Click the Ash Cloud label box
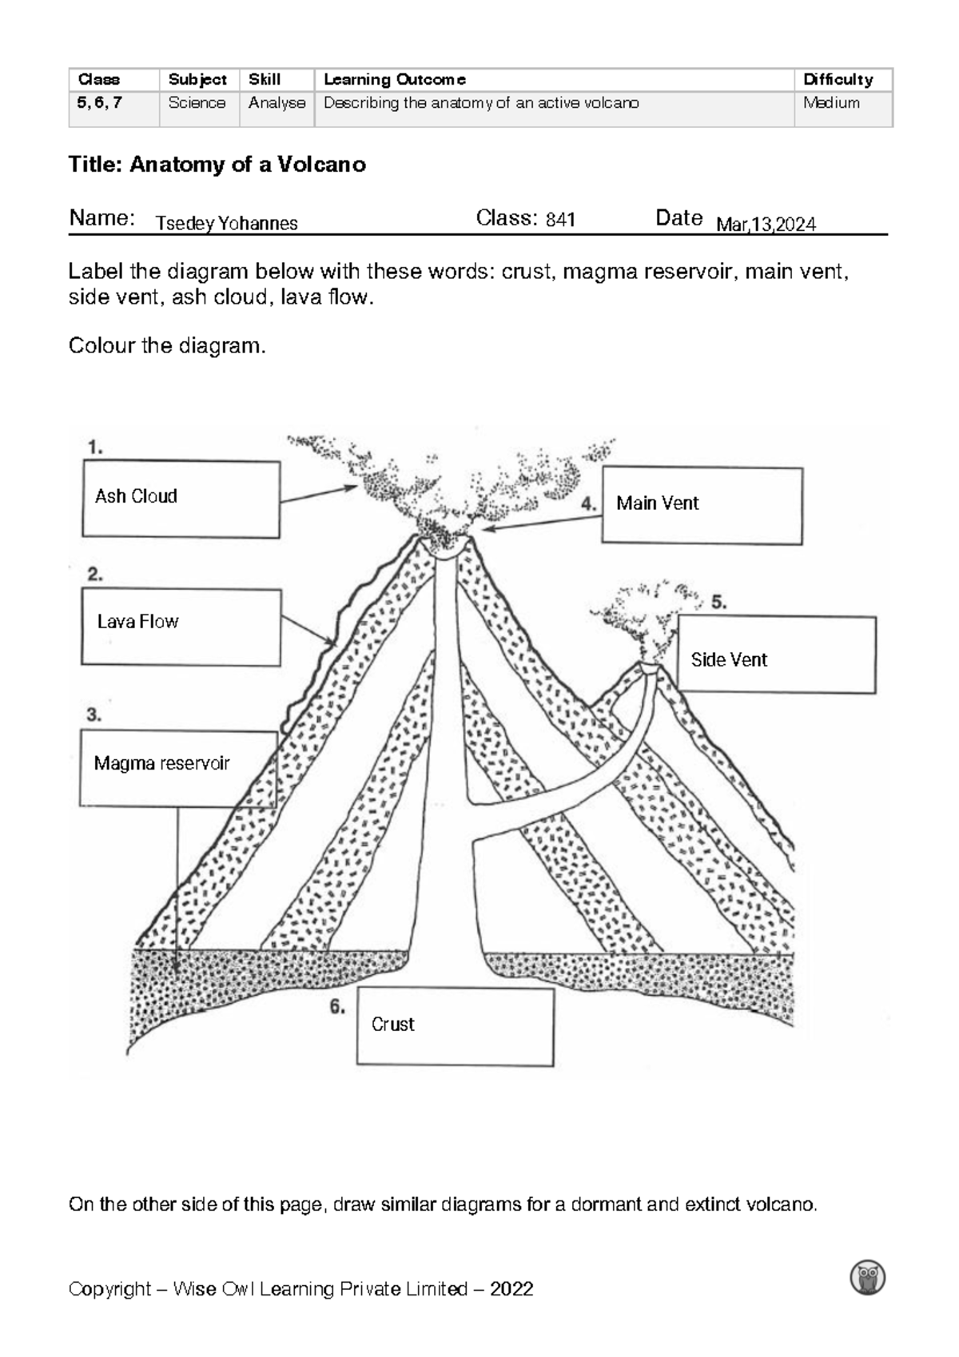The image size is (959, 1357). pyautogui.click(x=181, y=499)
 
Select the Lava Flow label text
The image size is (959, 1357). pyautogui.click(x=137, y=622)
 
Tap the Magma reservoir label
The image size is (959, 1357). pyautogui.click(x=161, y=763)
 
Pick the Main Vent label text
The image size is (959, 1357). pyautogui.click(x=657, y=503)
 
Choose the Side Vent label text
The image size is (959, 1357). pyautogui.click(x=728, y=660)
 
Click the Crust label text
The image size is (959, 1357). pyautogui.click(x=392, y=1025)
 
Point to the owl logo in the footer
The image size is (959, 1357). pyautogui.click(x=869, y=1278)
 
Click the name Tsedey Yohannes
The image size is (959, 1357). pyautogui.click(x=227, y=224)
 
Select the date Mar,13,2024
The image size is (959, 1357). pyautogui.click(x=766, y=225)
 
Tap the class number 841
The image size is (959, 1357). pyautogui.click(x=560, y=220)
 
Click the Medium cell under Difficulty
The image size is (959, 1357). pyautogui.click(x=831, y=103)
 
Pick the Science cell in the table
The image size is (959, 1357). pyautogui.click(x=197, y=103)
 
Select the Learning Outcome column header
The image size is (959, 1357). pyautogui.click(x=394, y=80)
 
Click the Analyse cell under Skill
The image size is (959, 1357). pyautogui.click(x=277, y=103)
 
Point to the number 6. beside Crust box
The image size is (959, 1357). pyautogui.click(x=337, y=1008)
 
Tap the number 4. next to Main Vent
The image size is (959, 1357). pyautogui.click(x=589, y=504)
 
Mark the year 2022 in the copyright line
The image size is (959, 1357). pyautogui.click(x=511, y=1289)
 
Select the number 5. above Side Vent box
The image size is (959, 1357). pyautogui.click(x=718, y=603)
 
